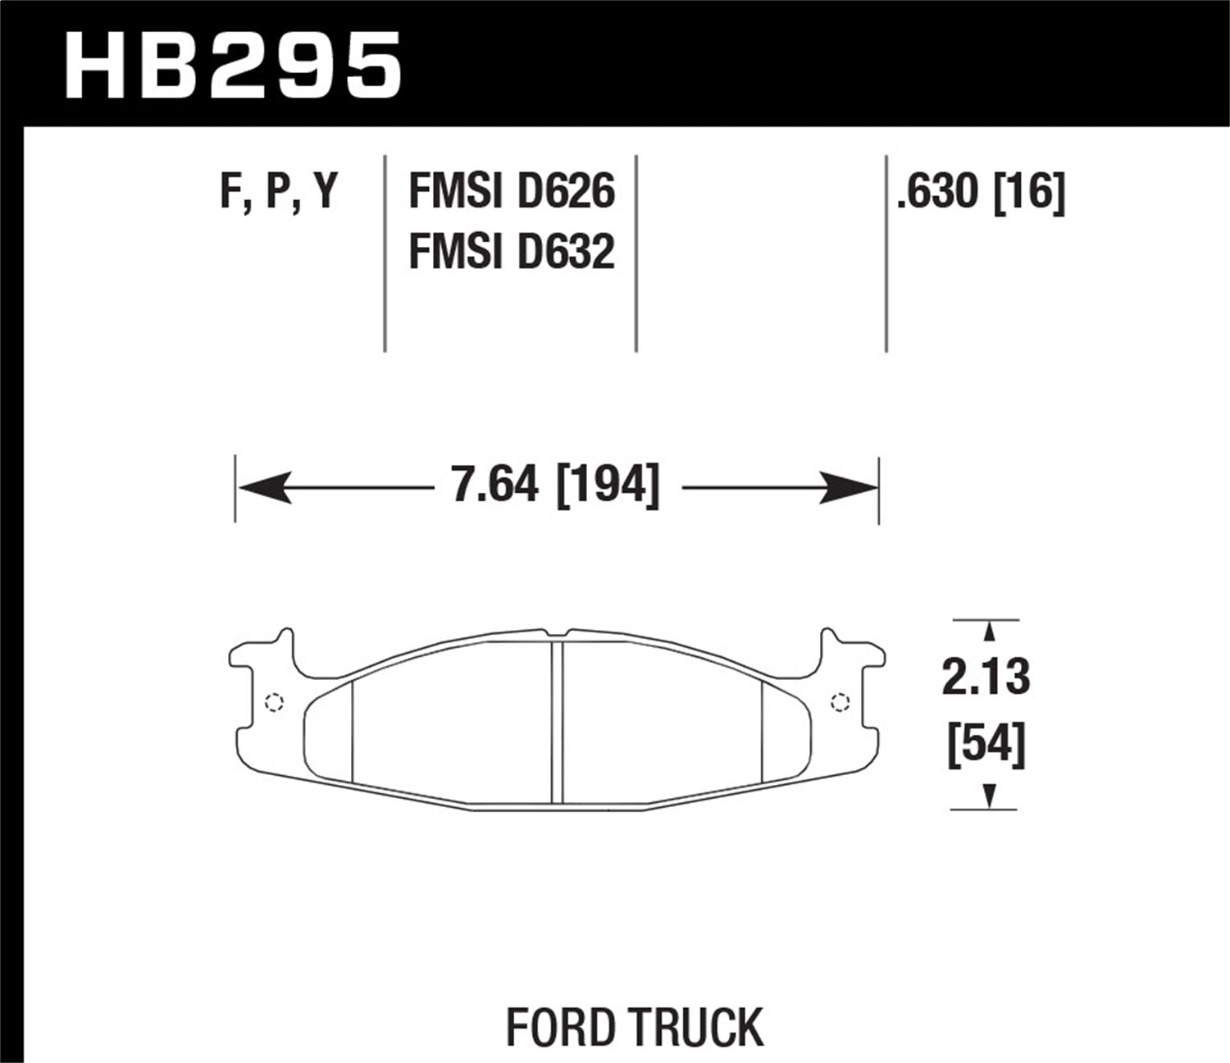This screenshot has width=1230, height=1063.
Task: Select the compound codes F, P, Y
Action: tap(279, 193)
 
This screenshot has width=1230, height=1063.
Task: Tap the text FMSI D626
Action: tap(511, 193)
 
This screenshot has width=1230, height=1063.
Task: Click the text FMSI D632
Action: tap(511, 251)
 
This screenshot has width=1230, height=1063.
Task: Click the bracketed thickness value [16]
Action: tap(1029, 193)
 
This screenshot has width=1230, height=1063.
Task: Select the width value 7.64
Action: tap(494, 484)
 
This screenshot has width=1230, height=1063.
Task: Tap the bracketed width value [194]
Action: tap(608, 484)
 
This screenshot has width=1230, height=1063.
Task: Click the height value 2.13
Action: tap(986, 678)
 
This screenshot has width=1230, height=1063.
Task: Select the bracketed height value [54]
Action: tap(986, 746)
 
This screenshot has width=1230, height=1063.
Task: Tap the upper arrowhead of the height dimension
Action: tap(989, 632)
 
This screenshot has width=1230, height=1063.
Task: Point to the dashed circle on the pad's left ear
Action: tap(275, 702)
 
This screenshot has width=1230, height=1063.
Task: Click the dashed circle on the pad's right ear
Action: tap(839, 702)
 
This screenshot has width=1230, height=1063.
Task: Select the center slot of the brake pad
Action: tap(558, 722)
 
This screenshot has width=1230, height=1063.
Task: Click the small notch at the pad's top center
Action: tap(558, 633)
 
